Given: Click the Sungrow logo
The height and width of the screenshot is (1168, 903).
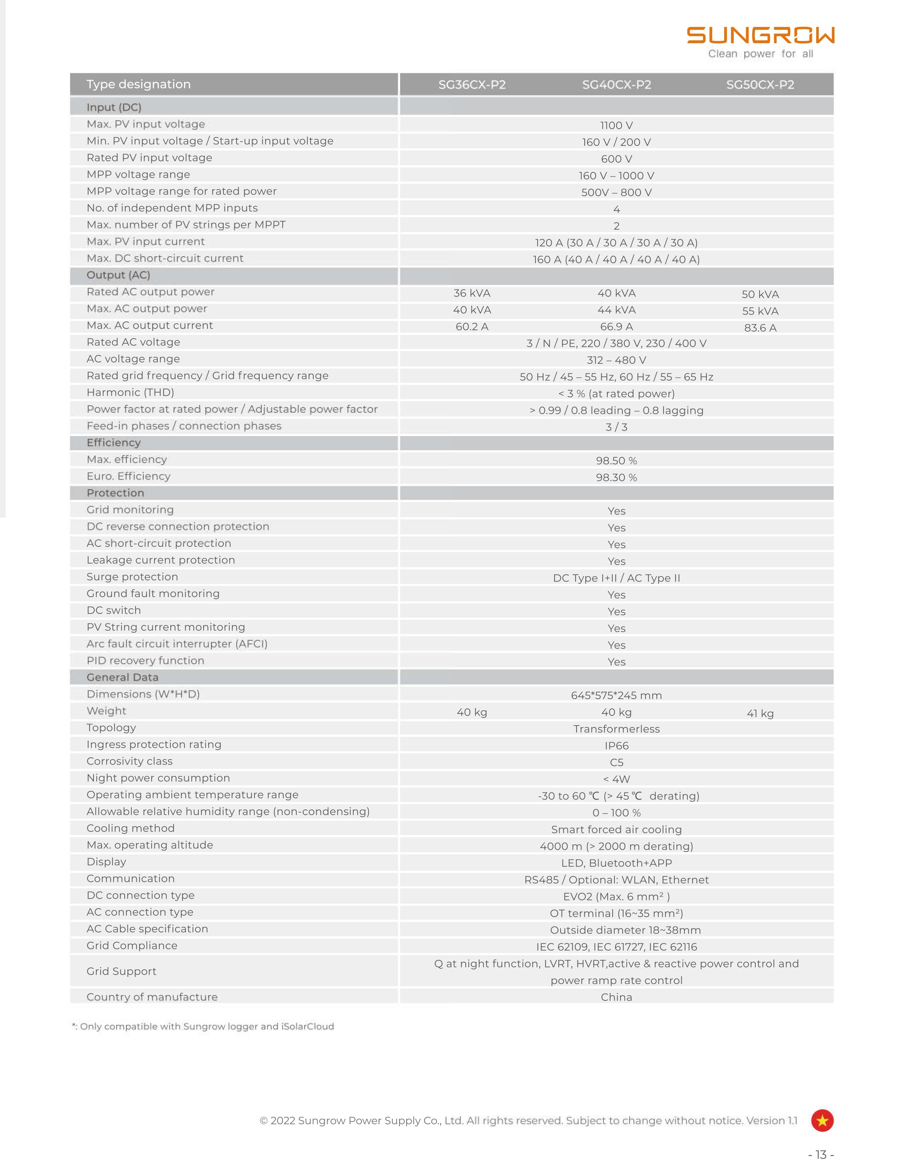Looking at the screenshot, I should pos(760,36).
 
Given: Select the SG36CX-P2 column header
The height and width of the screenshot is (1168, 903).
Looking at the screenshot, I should pos(472,85).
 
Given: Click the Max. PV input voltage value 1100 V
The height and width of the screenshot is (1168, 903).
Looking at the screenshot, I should pos(616,126).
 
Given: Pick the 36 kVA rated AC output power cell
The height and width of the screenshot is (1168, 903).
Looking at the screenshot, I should pos(472,293).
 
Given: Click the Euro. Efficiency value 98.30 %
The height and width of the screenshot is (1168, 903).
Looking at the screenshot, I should pos(616,477).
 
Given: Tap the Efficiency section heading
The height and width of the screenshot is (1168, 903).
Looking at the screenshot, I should pos(113,443).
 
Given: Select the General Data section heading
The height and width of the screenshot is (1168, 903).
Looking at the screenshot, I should pos(123,677).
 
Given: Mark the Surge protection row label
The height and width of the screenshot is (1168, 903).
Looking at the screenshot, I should pos(132,577).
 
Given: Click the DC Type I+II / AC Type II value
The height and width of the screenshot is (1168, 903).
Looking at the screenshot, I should pos(616,578).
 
